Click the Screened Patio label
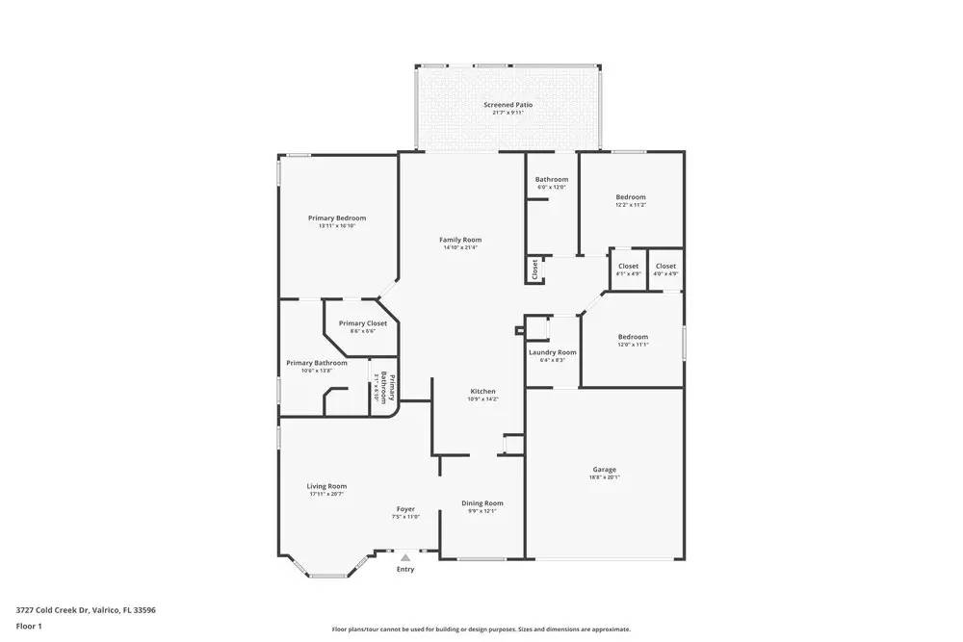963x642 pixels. click(x=508, y=105)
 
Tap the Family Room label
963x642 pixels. click(x=460, y=240)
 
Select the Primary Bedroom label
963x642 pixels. click(x=337, y=218)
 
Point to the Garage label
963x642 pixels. click(x=604, y=470)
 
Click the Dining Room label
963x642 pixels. click(x=481, y=503)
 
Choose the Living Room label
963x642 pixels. click(x=327, y=487)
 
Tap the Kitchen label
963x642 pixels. click(x=482, y=392)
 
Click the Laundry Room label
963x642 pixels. click(x=553, y=353)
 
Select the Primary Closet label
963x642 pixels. click(x=362, y=323)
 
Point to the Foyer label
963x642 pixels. click(x=405, y=509)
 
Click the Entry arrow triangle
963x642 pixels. click(x=405, y=557)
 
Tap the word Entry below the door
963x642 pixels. click(x=405, y=570)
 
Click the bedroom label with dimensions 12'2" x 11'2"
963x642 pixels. click(x=631, y=197)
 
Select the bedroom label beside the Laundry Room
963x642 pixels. click(x=633, y=337)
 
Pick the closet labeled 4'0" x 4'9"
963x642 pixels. click(x=665, y=267)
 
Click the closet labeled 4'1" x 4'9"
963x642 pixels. click(x=628, y=267)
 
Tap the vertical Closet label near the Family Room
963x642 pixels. click(x=534, y=270)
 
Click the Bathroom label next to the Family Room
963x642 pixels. click(x=552, y=180)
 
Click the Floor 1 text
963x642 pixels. click(x=29, y=627)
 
